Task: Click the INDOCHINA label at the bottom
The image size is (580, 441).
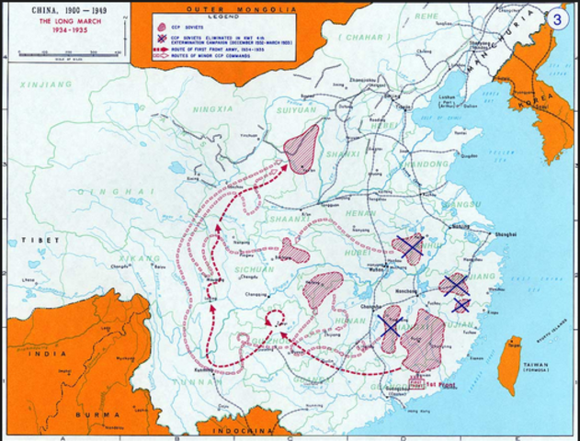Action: pos(237,431)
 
